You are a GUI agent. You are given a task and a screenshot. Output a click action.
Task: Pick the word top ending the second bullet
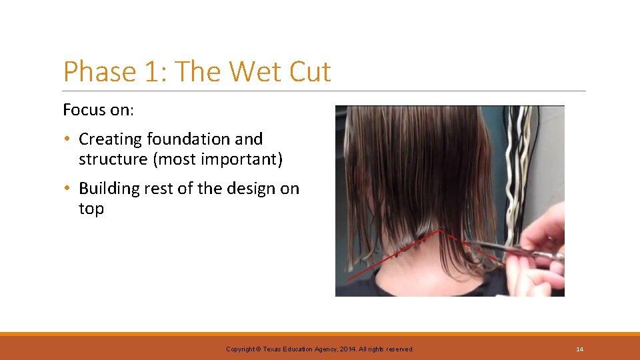tap(91, 209)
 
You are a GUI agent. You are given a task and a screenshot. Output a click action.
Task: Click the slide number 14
tap(579, 349)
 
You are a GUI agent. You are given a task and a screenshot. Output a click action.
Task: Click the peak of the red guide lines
tap(439, 231)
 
